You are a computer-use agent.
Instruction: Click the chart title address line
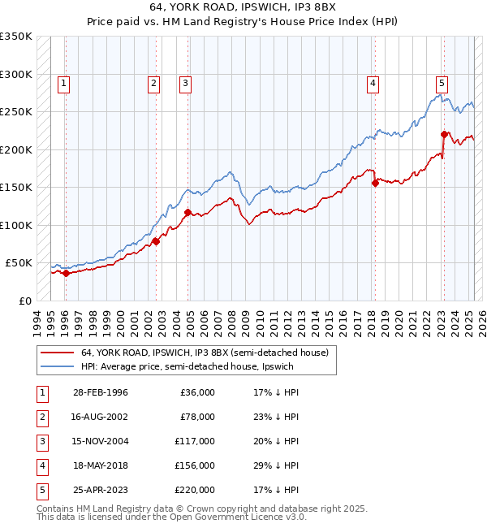tap(243, 7)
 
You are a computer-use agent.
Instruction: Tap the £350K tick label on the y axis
tap(16, 37)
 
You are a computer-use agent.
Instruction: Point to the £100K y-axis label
tap(16, 225)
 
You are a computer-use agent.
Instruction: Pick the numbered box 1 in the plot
tap(63, 82)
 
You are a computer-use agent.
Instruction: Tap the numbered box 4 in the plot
tap(373, 82)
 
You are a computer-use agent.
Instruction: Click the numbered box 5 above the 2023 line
tap(442, 82)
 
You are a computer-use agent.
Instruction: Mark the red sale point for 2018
tap(375, 184)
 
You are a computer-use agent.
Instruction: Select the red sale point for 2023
tap(444, 135)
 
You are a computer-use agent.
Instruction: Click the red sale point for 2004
tap(187, 213)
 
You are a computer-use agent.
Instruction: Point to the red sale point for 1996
tap(66, 274)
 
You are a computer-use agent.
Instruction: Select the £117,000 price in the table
tap(196, 441)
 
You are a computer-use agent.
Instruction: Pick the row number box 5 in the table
tap(41, 490)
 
